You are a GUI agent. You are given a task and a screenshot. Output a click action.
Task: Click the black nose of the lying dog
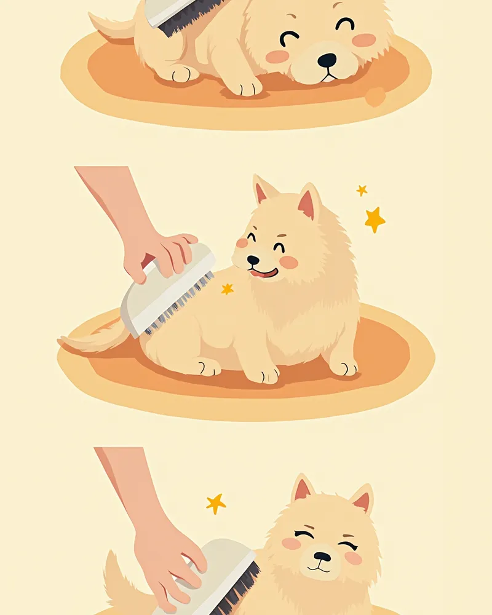coord(327,60)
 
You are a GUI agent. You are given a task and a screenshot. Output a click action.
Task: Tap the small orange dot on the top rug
coord(375,97)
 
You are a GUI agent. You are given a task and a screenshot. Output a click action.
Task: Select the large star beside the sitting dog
coord(374,220)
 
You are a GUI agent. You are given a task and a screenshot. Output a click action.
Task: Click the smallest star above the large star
coord(362,191)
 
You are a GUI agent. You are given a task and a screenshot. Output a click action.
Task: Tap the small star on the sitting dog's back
coord(227,288)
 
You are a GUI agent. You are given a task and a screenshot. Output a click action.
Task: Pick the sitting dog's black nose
coord(253,260)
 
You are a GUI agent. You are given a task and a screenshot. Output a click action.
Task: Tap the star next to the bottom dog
coord(215,504)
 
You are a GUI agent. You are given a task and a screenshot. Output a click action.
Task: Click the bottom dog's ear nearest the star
coord(302,489)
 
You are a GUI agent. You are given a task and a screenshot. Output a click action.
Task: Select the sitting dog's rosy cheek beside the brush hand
coord(242,243)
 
